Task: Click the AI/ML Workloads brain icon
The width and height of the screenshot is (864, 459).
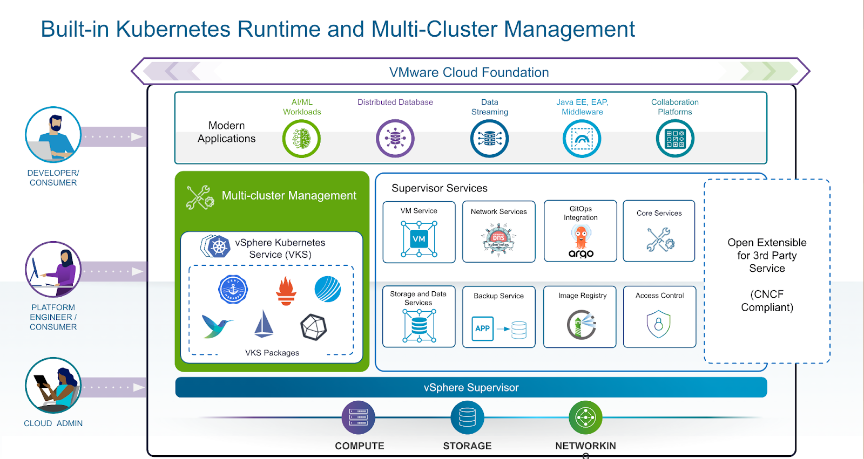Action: (301, 139)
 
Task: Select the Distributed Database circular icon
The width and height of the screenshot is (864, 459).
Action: (395, 139)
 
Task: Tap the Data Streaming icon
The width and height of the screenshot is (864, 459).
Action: (489, 139)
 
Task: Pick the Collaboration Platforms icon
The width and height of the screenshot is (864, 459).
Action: (675, 139)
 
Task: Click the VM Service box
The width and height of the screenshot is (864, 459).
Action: (419, 232)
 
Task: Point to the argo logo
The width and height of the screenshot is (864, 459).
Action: (581, 254)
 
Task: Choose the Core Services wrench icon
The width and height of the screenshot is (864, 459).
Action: (660, 239)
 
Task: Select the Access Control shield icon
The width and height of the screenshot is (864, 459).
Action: (659, 324)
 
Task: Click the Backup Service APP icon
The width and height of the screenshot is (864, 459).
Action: (483, 328)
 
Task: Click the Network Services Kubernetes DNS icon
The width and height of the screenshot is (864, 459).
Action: (498, 239)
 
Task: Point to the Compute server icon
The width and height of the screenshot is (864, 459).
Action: (359, 417)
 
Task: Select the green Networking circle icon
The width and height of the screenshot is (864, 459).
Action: (585, 417)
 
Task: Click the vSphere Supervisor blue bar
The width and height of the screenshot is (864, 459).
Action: (471, 387)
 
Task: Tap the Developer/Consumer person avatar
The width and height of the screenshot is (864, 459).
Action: (53, 135)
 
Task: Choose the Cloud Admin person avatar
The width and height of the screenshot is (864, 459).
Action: (53, 385)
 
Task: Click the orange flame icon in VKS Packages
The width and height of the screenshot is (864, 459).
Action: (286, 291)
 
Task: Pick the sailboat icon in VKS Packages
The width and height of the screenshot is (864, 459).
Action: (264, 324)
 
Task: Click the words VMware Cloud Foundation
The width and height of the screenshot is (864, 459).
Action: (469, 72)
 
